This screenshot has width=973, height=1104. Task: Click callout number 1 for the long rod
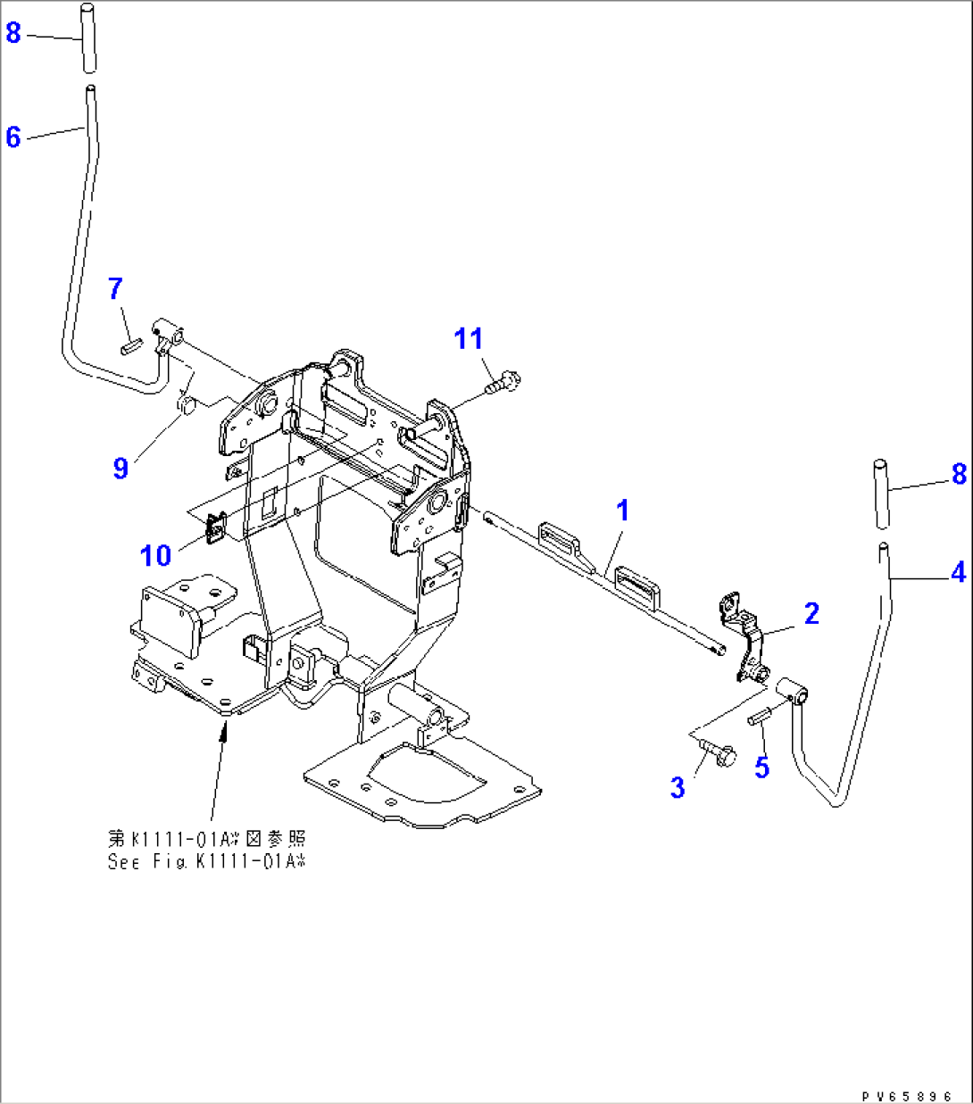[623, 510]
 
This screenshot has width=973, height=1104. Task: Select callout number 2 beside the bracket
[811, 613]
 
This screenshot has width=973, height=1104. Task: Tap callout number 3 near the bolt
[678, 787]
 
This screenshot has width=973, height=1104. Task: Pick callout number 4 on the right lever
[958, 572]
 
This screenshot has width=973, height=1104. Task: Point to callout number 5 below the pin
[761, 767]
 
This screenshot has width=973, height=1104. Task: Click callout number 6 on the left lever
[13, 137]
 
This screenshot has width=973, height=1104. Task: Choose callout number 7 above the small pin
[115, 288]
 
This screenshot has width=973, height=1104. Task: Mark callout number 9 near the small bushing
[121, 468]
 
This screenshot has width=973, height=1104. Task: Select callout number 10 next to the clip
[155, 555]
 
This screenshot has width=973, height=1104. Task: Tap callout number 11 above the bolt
[469, 339]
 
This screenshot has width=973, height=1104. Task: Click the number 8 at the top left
[13, 33]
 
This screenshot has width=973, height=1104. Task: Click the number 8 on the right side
[959, 474]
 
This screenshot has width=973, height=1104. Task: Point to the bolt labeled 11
[503, 385]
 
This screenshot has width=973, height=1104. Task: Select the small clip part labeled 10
[216, 528]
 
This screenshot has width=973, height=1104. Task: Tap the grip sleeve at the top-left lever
[88, 37]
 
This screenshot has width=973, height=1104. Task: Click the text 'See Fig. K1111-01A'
[206, 862]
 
